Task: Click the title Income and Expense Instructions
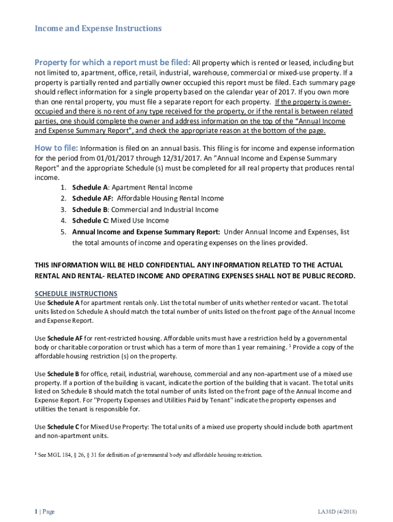pos(98,29)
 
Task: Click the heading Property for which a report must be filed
pos(112,63)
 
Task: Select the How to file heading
pos(56,148)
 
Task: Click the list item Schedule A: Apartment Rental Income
pos(132,187)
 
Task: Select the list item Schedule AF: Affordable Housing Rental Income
pos(148,198)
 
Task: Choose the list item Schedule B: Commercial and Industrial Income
pos(145,210)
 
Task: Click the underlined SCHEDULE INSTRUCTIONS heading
pos(76,294)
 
